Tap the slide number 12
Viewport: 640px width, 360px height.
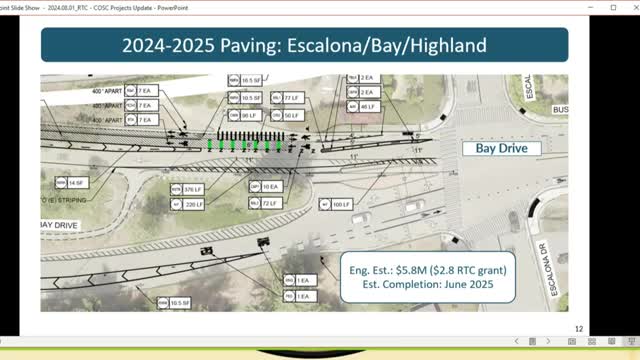click(578, 328)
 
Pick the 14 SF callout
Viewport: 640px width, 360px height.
click(75, 182)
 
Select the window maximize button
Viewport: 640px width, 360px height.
click(586, 6)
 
